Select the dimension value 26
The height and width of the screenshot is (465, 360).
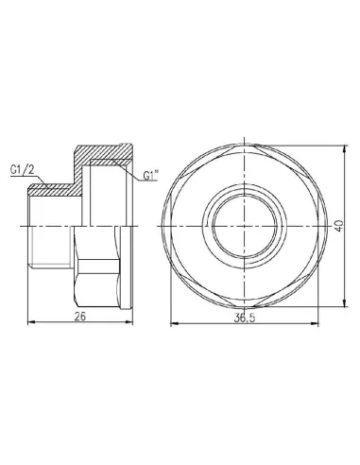82,315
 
